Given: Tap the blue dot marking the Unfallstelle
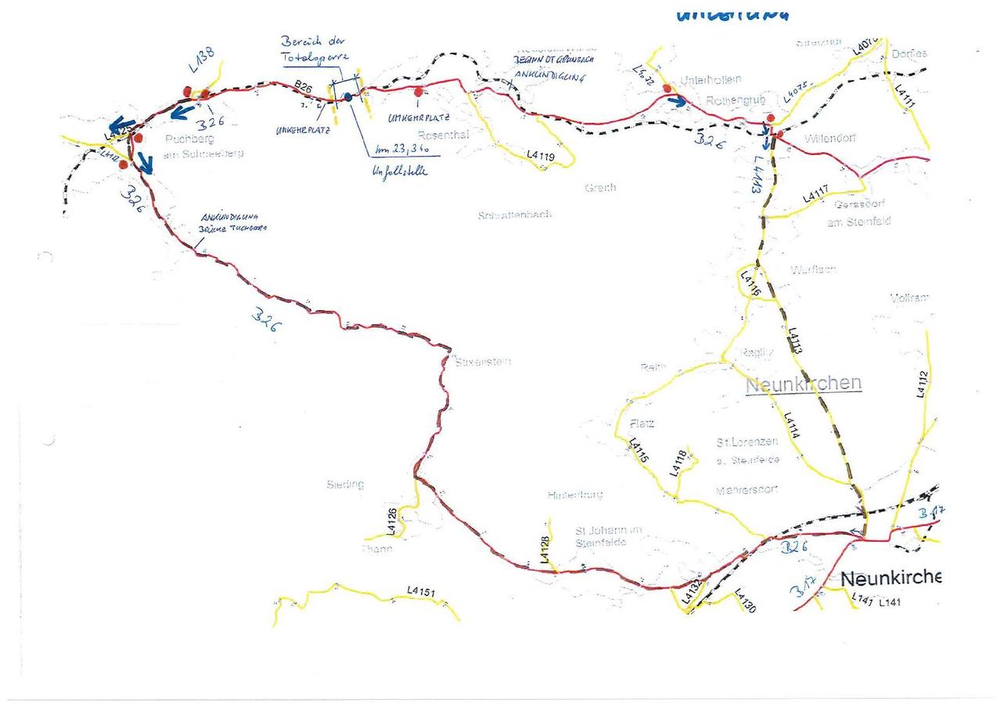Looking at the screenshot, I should coord(348,96).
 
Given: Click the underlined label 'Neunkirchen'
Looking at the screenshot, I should coord(804,384).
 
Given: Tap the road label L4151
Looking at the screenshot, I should coord(421,591).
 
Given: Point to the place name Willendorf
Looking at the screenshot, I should coord(829,138).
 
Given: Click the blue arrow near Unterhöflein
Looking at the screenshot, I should coord(678,101).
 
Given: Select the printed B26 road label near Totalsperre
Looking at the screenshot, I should coord(304,88).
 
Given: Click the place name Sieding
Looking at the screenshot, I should coord(345,484).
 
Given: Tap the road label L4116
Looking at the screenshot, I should coord(750,283).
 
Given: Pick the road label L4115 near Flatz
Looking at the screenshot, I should coord(638,452).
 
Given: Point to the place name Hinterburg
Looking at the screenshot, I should coord(575,495).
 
